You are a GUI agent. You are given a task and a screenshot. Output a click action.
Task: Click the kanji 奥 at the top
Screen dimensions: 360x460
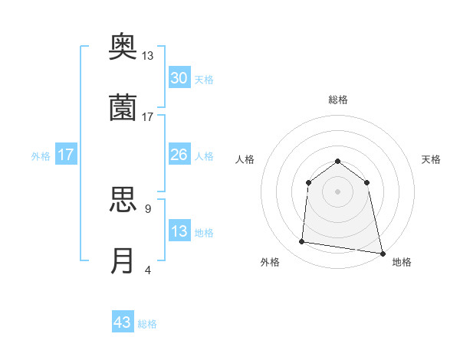[123, 47]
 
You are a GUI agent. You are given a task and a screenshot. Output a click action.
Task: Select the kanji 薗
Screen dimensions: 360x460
[123, 107]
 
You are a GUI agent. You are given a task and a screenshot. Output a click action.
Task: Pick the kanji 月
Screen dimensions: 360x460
[123, 260]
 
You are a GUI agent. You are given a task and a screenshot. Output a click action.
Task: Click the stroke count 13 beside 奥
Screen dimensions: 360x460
[148, 56]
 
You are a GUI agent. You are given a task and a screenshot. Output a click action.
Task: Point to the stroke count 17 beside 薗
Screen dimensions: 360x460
[148, 117]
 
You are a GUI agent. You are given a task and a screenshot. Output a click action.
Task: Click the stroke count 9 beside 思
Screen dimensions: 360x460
[147, 208]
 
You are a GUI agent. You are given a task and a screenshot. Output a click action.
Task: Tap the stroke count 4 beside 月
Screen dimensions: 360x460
[147, 270]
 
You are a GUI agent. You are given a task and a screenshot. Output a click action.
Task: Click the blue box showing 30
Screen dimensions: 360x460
[179, 78]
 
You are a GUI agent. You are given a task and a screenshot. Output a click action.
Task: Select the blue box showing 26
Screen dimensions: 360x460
[179, 155]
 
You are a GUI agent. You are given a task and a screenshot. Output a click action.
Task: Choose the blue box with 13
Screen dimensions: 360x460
[179, 231]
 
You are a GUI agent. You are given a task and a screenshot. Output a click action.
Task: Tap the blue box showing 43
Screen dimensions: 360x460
[123, 322]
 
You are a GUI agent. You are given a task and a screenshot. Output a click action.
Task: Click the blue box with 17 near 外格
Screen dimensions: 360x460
[66, 155]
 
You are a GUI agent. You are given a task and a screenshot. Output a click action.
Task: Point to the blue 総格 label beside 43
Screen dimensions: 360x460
[147, 324]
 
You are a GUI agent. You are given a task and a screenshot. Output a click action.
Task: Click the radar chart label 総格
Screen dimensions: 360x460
[338, 100]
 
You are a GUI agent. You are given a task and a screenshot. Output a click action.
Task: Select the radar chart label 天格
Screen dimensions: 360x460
[432, 159]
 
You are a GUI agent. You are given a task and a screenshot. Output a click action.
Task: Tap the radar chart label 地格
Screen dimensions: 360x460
[402, 262]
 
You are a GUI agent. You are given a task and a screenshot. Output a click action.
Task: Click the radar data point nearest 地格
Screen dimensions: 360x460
[381, 252]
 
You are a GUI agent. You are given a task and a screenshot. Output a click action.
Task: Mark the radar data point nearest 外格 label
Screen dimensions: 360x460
[302, 242]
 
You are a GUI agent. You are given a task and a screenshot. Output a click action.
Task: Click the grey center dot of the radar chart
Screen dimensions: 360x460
[338, 191]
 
